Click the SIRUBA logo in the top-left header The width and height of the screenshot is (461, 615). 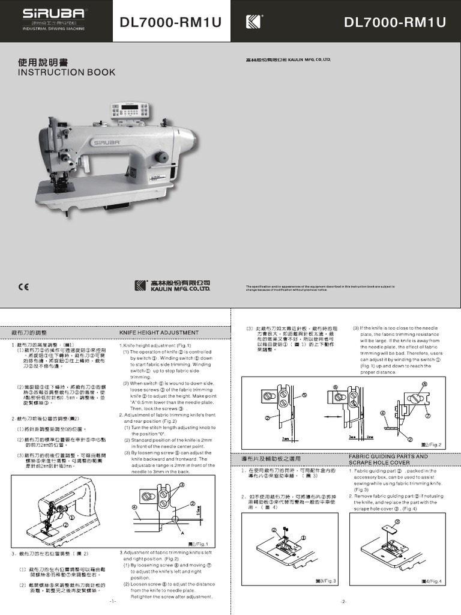tap(46, 14)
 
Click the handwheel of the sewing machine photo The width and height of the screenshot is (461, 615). tap(160, 157)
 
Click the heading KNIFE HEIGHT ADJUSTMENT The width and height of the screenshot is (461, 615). tap(159, 332)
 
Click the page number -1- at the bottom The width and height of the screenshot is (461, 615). tap(113, 601)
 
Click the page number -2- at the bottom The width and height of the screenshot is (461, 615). tap(344, 601)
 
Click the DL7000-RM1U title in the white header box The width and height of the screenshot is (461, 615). tap(170, 23)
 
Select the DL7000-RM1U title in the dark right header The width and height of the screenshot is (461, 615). tap(395, 23)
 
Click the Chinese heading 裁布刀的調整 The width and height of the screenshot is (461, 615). tap(29, 332)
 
